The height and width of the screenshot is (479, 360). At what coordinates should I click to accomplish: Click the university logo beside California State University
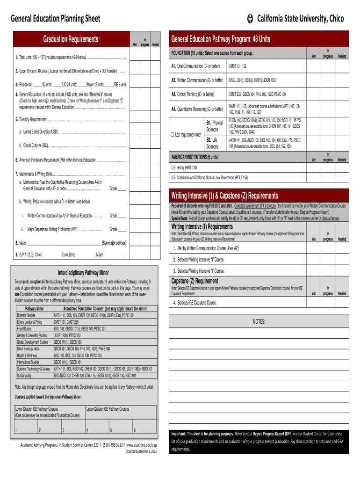click(x=250, y=19)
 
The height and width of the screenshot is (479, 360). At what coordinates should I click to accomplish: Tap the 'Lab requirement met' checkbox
click(x=173, y=135)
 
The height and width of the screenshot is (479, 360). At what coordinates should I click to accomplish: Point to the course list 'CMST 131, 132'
click(x=238, y=66)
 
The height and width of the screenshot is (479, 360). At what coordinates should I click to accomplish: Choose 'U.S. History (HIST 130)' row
click(x=185, y=167)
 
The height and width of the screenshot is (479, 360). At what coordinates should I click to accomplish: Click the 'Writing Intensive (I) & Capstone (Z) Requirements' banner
click(x=224, y=195)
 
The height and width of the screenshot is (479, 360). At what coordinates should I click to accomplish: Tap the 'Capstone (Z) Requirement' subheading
click(x=194, y=281)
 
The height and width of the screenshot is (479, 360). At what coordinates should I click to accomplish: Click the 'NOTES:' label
click(x=259, y=322)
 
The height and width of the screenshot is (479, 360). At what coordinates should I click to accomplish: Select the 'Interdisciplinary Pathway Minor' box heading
click(x=83, y=272)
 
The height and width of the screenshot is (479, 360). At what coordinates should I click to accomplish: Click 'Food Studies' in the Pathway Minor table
click(x=24, y=329)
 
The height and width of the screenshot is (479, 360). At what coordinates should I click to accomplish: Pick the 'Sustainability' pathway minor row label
click(x=25, y=375)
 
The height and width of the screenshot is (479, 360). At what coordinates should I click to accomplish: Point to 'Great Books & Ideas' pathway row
click(x=29, y=348)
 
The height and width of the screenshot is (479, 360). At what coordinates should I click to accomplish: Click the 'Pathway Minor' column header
click(x=34, y=309)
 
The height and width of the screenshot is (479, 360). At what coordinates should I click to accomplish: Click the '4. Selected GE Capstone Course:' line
click(x=195, y=303)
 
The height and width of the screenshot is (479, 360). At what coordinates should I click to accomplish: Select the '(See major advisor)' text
click(x=114, y=243)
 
